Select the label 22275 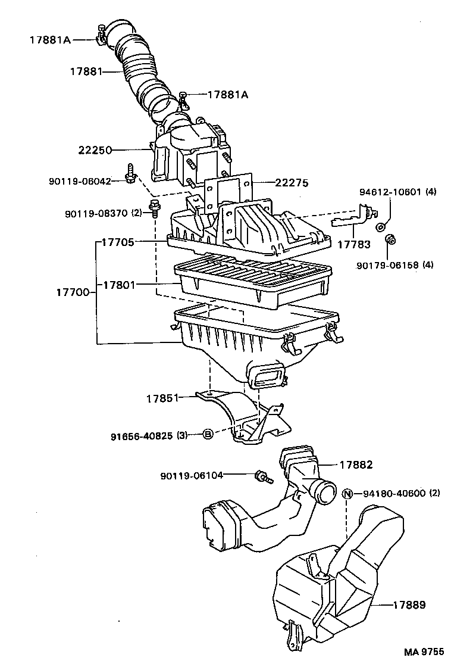click(x=292, y=183)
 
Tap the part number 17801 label click(x=120, y=285)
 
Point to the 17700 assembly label click(x=73, y=292)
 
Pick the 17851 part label click(x=162, y=398)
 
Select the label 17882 click(x=356, y=465)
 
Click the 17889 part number click(x=409, y=605)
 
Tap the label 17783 click(x=354, y=244)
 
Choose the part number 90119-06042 click(x=79, y=181)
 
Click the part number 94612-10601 click(x=390, y=192)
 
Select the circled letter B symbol click(x=208, y=435)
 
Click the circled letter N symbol click(x=348, y=493)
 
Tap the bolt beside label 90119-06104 click(x=261, y=476)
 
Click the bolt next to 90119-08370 click(x=155, y=208)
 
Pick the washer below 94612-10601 click(x=380, y=226)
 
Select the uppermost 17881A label click(x=51, y=40)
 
